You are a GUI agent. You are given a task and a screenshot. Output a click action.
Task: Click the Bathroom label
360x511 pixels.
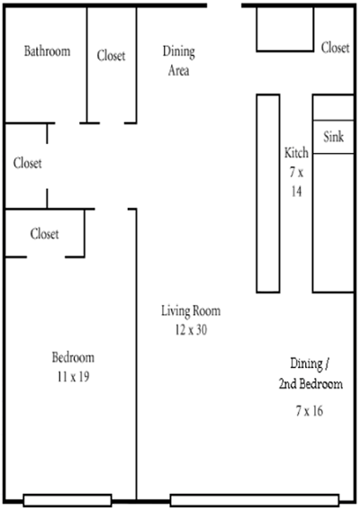pyautogui.click(x=48, y=51)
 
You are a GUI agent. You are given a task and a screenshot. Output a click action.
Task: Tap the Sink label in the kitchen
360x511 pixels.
pyautogui.click(x=333, y=137)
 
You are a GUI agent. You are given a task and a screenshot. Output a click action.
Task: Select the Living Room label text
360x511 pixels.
pyautogui.click(x=191, y=311)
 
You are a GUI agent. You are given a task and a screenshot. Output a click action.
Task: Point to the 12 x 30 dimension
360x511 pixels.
pyautogui.click(x=191, y=330)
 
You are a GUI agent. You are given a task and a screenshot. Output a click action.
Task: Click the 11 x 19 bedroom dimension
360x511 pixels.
pyautogui.click(x=74, y=377)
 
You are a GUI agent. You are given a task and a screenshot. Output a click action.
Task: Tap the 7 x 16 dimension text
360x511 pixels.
pyautogui.click(x=310, y=411)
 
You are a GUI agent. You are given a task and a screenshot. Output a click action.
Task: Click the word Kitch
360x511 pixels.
pyautogui.click(x=296, y=153)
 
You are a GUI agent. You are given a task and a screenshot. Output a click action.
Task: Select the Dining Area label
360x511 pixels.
pyautogui.click(x=179, y=61)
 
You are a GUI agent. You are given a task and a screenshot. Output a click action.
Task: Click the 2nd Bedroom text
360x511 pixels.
pyautogui.click(x=310, y=383)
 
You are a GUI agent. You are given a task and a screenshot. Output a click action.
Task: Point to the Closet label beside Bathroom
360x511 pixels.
pyautogui.click(x=111, y=56)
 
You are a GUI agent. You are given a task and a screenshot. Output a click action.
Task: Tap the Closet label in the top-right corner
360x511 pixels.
pyautogui.click(x=335, y=48)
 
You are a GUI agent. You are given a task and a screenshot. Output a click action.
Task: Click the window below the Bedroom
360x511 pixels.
pyautogui.click(x=67, y=500)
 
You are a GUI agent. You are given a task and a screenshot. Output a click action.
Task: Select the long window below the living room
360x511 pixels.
pyautogui.click(x=255, y=500)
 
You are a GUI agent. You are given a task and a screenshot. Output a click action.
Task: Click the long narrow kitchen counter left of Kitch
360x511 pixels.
pyautogui.click(x=268, y=193)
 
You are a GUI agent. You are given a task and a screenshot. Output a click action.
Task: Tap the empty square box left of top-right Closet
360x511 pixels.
pyautogui.click(x=285, y=29)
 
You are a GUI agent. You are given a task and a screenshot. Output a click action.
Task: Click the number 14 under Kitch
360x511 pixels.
pyautogui.click(x=296, y=192)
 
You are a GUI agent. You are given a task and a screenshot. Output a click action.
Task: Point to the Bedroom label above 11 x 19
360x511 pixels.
pyautogui.click(x=74, y=357)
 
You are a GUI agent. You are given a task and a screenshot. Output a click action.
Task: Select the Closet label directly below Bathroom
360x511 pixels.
pyautogui.click(x=28, y=163)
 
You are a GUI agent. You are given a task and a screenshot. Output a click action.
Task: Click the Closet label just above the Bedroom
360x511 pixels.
pyautogui.click(x=45, y=234)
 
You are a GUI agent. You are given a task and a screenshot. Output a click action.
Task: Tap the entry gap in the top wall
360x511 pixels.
pyautogui.click(x=224, y=5)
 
